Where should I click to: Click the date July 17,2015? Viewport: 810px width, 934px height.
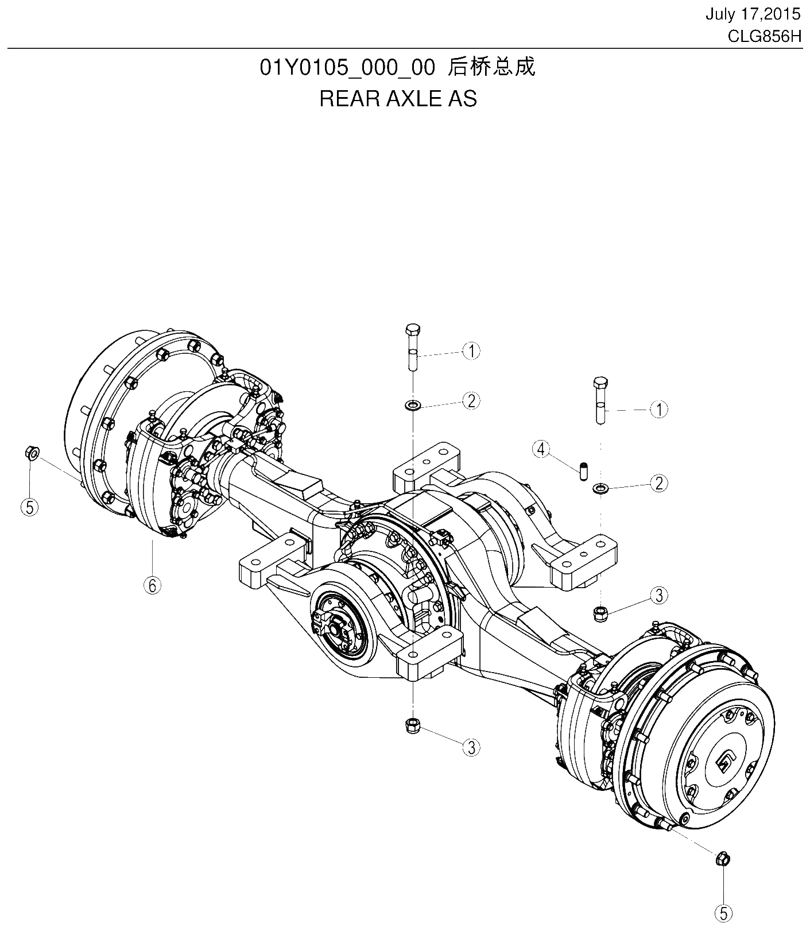[x=753, y=14]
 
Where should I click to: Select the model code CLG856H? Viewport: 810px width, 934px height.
[x=764, y=37]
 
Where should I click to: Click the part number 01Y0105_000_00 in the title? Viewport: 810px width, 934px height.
[x=347, y=67]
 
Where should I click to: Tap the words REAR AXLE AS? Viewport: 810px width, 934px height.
[x=398, y=99]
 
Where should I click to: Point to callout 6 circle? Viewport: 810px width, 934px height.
[x=152, y=585]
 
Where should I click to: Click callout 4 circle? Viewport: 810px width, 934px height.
[x=541, y=449]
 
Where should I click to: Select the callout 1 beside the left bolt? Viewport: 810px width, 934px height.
[x=471, y=350]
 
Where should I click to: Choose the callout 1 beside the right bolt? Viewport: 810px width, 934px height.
[x=659, y=410]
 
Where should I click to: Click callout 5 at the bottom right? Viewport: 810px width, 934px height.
[x=723, y=913]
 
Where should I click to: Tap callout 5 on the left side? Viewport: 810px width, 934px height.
[x=29, y=506]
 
